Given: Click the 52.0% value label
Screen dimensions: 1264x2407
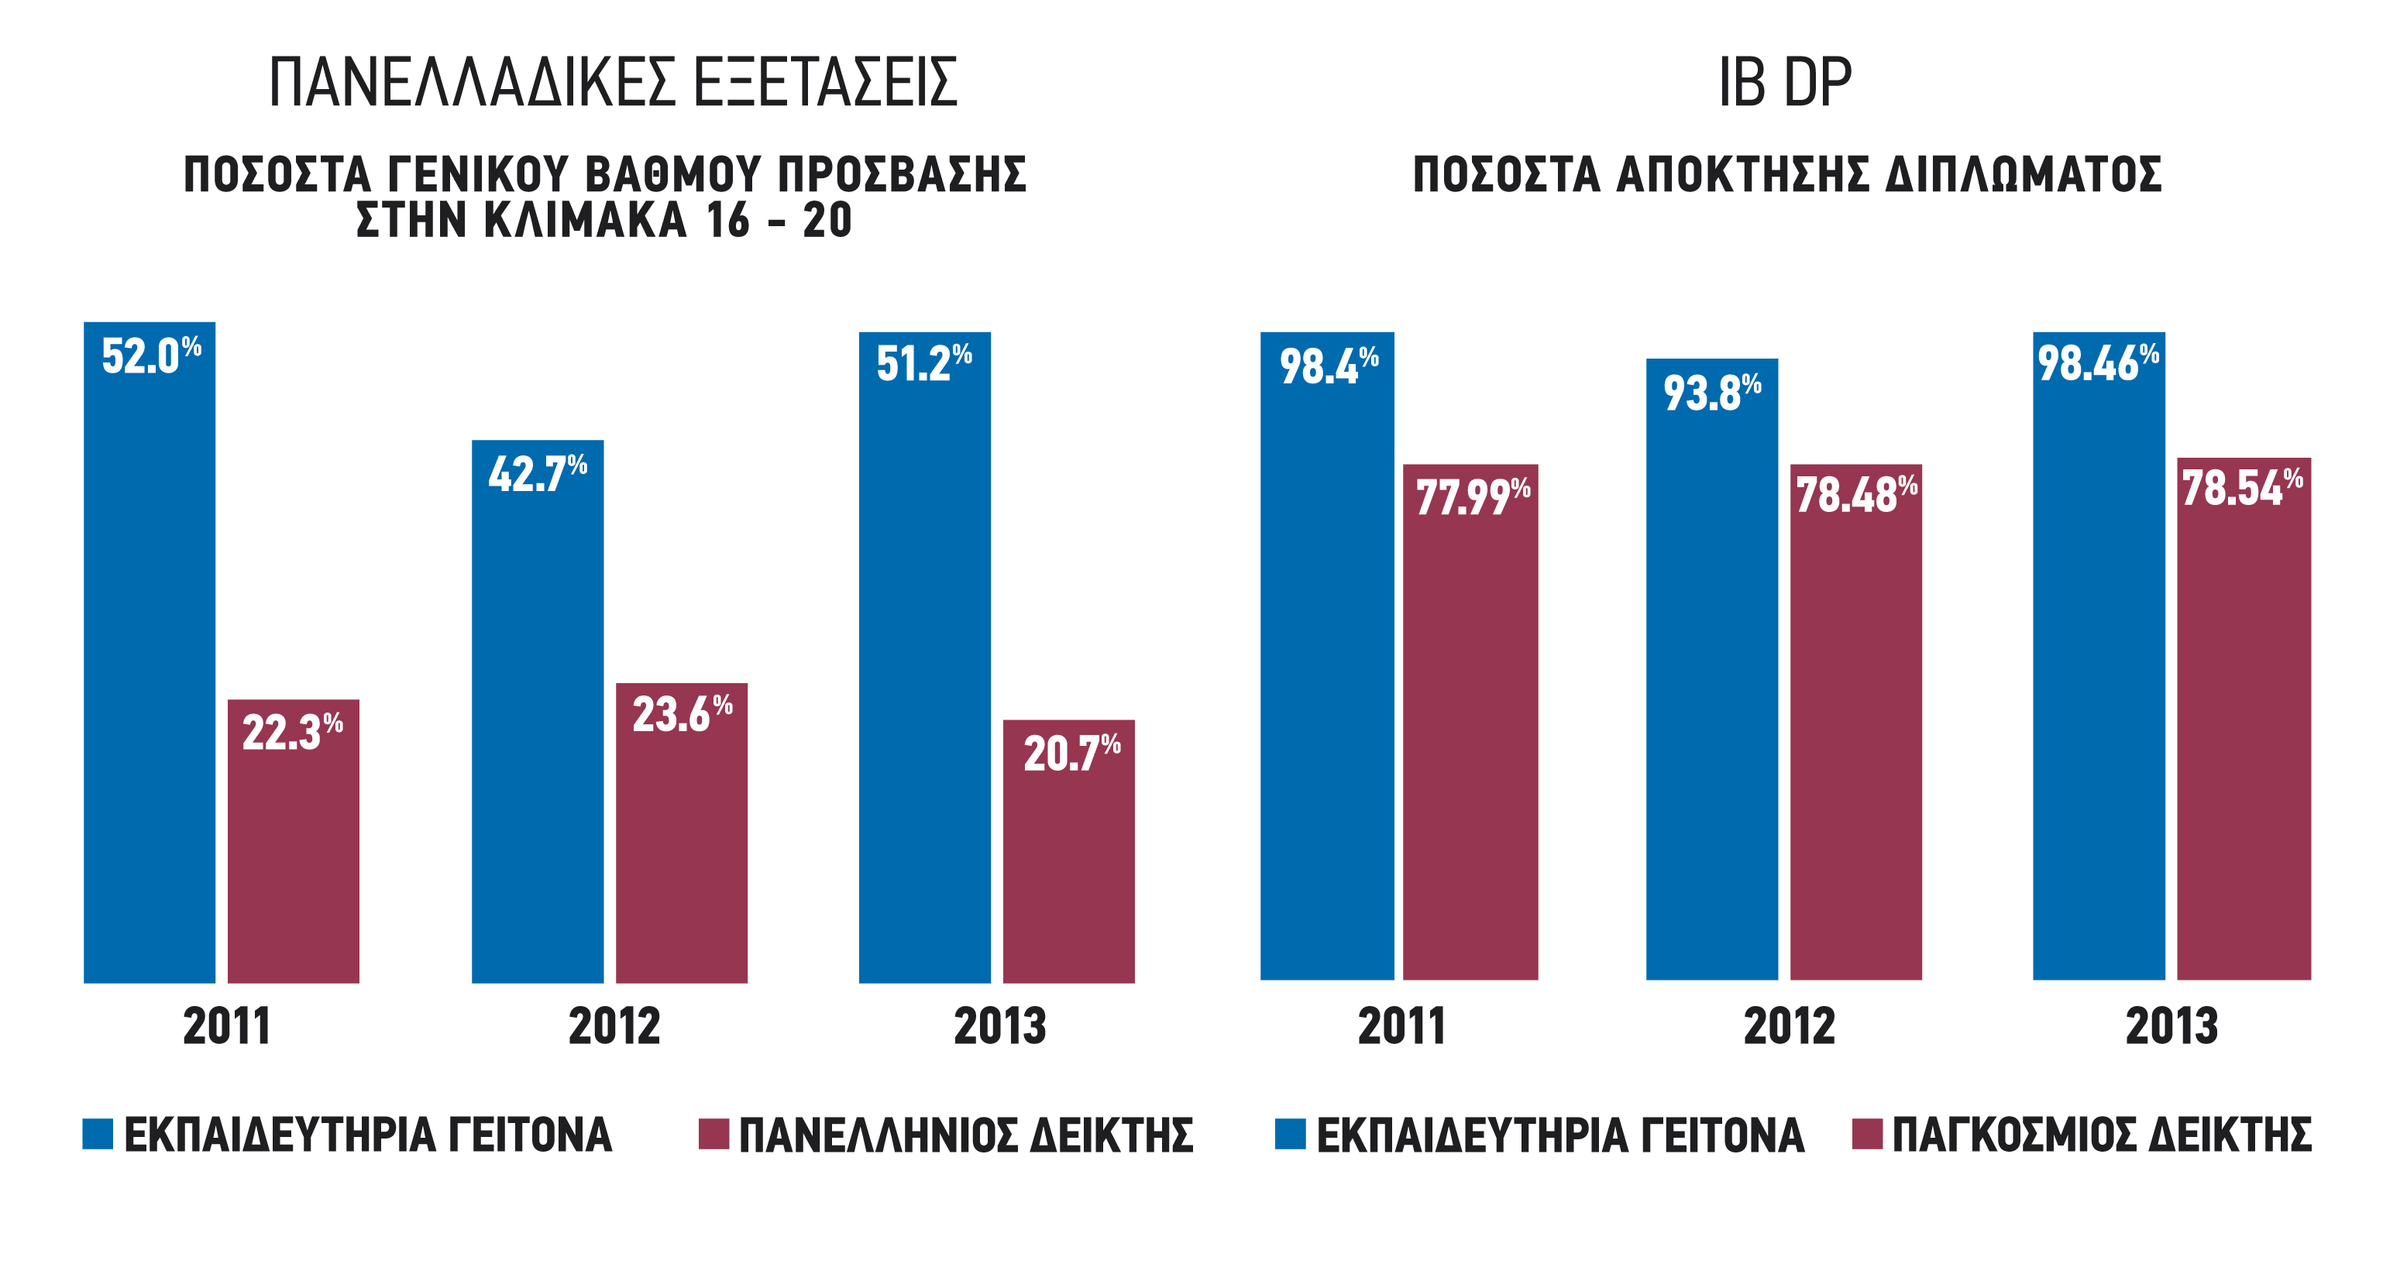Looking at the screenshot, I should [x=151, y=356].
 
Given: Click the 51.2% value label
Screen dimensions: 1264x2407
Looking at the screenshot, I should [x=924, y=362].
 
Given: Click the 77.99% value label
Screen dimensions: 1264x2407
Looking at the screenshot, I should [x=1473, y=495].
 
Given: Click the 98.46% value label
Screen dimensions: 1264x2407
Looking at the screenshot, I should [x=2098, y=362].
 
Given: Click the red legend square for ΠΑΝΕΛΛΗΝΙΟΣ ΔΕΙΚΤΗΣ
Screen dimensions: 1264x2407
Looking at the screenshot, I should [x=714, y=1133].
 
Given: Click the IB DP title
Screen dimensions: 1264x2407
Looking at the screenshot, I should [x=1785, y=82].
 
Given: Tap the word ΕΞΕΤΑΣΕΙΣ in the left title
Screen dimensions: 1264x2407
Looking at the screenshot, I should [x=826, y=82].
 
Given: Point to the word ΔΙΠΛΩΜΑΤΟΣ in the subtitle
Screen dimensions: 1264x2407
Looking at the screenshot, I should [x=2023, y=175].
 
